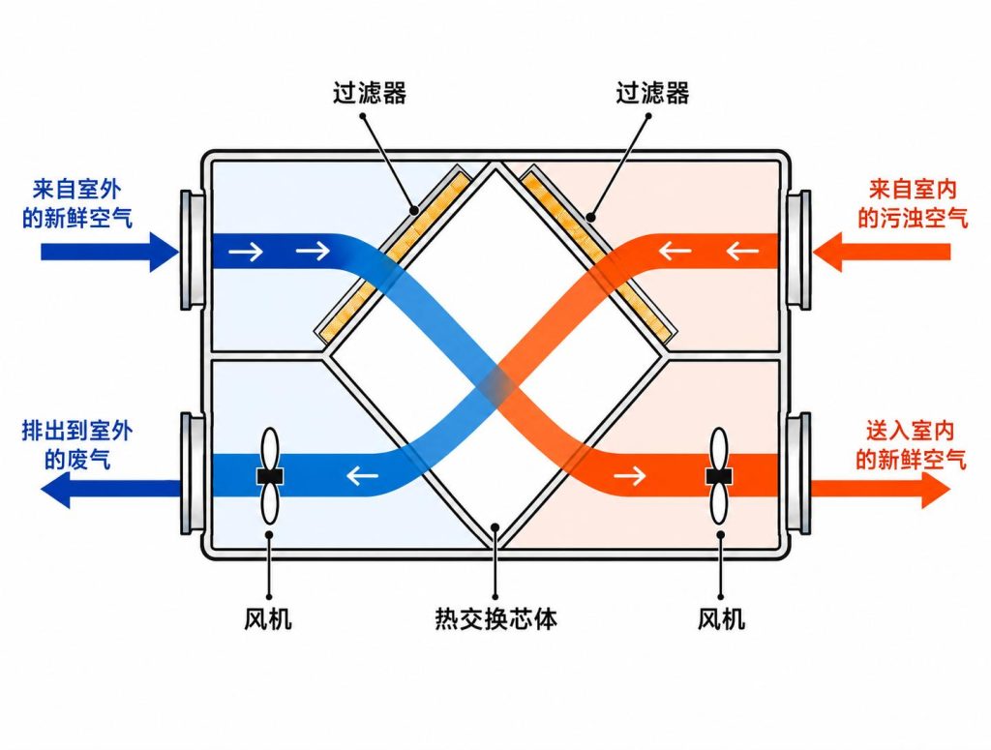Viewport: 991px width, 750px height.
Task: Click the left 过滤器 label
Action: (370, 93)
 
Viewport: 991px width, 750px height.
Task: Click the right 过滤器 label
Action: (652, 93)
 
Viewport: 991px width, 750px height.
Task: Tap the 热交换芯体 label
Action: (496, 618)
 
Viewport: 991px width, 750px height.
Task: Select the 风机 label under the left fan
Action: (268, 618)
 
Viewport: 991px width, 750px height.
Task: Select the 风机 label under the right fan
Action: (721, 618)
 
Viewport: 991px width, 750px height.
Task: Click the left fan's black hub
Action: (270, 476)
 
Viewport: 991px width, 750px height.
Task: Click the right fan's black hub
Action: (719, 476)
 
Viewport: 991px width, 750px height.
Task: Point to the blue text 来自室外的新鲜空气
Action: (77, 203)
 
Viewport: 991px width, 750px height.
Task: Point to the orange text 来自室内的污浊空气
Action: (913, 203)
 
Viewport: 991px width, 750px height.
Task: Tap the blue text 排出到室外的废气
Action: (77, 445)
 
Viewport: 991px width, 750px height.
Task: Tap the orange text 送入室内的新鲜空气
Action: (911, 445)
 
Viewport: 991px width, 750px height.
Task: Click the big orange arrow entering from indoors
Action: (881, 253)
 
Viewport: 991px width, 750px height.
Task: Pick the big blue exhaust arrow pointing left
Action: (110, 488)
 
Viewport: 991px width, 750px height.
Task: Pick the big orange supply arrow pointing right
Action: (881, 488)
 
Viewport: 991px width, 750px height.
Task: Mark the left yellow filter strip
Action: (393, 255)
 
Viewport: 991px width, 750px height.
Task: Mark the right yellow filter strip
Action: (598, 255)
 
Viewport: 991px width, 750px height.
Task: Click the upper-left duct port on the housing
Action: (193, 251)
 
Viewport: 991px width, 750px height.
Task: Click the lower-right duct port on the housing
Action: (798, 473)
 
